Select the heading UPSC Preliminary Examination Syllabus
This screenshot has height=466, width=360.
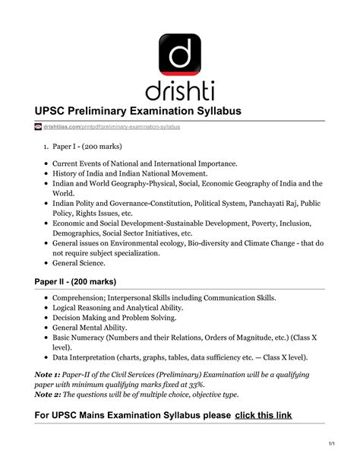coord(137,111)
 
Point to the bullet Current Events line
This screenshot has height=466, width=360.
coord(144,163)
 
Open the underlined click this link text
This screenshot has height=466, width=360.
coord(264,415)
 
